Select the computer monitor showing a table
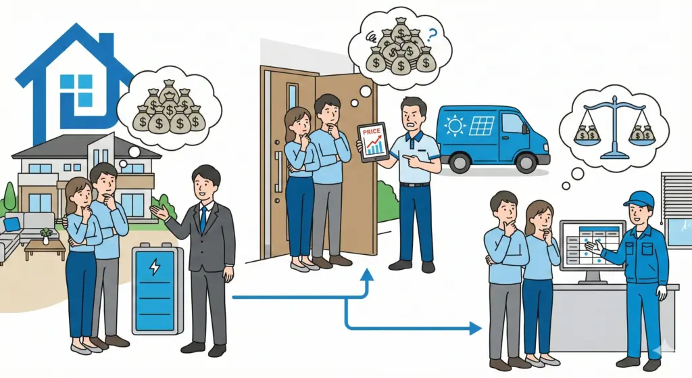click(x=592, y=243)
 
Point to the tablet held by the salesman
click(x=372, y=141)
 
